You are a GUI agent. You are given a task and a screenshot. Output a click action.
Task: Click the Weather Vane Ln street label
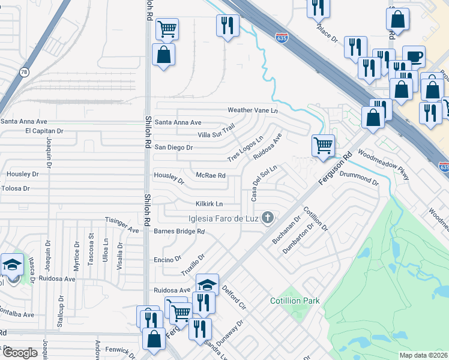(252, 110)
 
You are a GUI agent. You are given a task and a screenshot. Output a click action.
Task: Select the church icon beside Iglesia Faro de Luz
(268, 217)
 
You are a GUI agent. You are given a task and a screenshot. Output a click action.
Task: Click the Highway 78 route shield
(23, 72)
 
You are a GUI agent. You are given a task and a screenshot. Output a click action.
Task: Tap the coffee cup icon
(414, 57)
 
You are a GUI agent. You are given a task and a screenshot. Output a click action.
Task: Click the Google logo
(20, 352)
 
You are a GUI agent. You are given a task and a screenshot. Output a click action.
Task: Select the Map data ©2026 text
(423, 355)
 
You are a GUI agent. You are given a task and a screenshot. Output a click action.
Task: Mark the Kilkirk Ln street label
(209, 204)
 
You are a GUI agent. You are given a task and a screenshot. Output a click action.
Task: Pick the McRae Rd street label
(211, 176)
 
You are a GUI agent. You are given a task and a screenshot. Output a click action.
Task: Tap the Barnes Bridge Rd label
(179, 231)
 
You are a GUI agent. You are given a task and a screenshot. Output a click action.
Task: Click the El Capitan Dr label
(44, 131)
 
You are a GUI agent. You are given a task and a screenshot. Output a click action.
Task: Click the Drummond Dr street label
(359, 178)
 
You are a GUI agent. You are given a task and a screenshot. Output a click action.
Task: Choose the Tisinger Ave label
(122, 224)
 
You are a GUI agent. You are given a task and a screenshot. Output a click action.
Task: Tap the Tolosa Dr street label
(15, 188)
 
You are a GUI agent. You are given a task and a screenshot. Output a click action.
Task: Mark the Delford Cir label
(234, 298)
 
